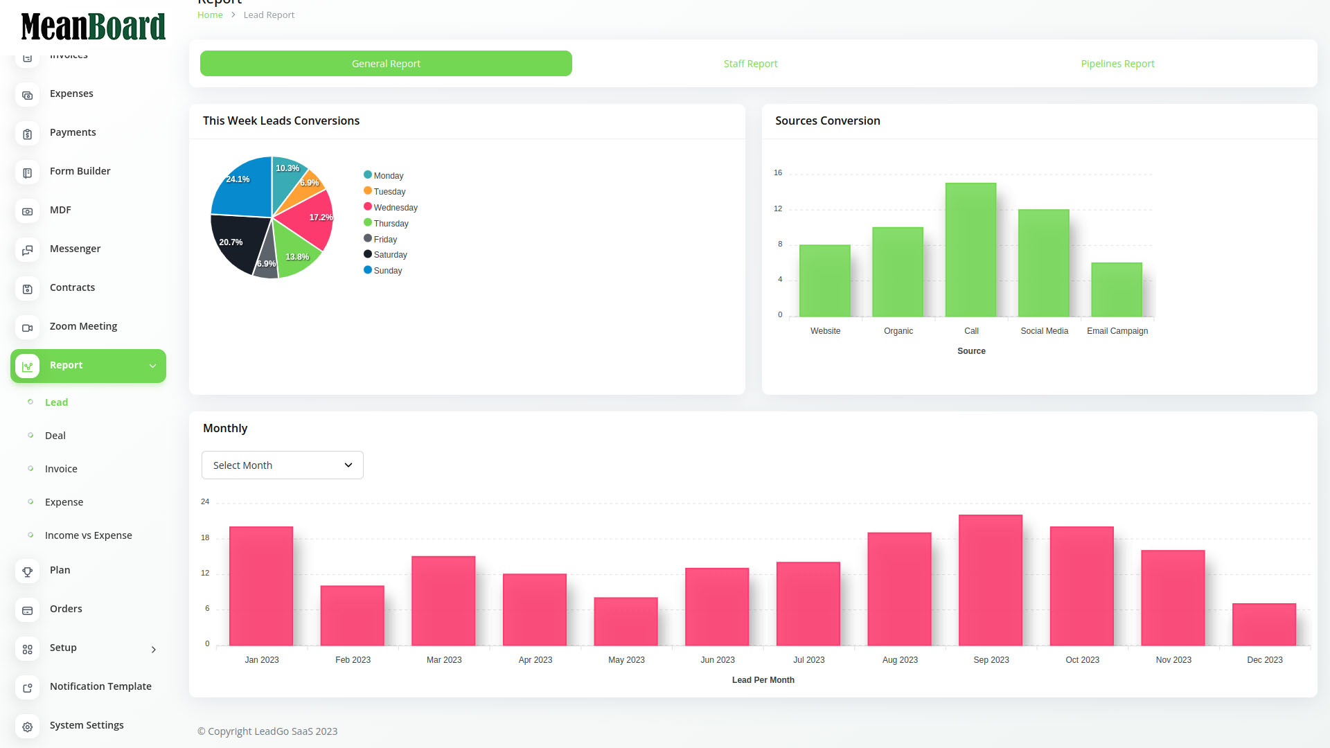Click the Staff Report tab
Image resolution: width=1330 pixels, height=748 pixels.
750,64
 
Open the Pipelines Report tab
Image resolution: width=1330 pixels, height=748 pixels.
1117,64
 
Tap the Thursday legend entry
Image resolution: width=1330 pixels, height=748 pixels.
391,224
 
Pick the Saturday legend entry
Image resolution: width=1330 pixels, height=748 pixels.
390,255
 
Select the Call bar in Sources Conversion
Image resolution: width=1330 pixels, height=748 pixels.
970,249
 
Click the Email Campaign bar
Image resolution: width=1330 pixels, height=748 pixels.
1116,290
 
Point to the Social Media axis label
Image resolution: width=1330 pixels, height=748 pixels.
1044,331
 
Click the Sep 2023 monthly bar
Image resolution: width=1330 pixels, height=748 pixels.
990,580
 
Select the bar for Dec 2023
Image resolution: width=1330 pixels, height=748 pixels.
1263,625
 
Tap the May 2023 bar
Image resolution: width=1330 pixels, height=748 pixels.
626,621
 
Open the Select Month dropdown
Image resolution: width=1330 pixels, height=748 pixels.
282,465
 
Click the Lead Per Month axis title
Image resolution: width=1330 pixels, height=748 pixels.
763,680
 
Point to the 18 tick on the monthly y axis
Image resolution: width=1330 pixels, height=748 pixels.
205,538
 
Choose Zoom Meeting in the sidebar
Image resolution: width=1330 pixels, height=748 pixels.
83,326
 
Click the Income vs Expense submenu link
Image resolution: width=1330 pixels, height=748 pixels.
88,535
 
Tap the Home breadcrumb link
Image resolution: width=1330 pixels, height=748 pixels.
210,15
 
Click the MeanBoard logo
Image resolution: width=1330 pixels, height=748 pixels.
93,26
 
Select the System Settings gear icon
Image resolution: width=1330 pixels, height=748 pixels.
28,727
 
